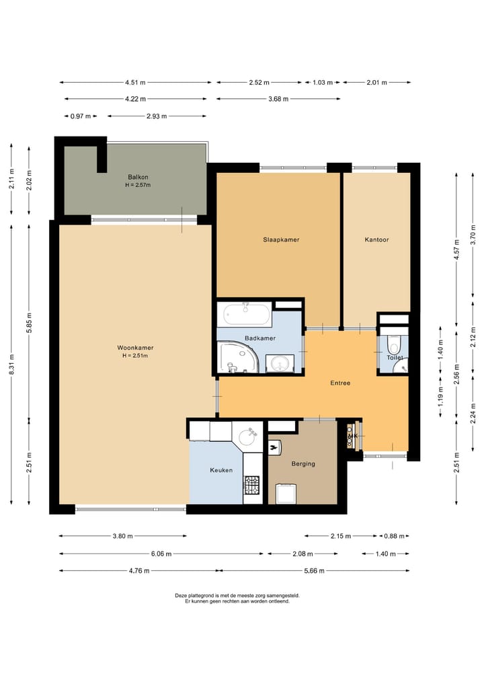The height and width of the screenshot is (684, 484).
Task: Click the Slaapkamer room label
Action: tap(281, 239)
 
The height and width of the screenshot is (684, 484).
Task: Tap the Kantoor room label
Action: tap(376, 239)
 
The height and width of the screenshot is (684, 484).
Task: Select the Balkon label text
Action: tap(138, 177)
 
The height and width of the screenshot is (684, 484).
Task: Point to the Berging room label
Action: tap(303, 463)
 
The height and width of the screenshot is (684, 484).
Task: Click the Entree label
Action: tap(340, 383)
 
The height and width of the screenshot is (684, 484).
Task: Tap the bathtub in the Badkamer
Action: tap(246, 314)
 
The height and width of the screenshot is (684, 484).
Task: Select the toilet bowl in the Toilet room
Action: tap(394, 344)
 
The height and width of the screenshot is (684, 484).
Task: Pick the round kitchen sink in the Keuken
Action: tap(250, 436)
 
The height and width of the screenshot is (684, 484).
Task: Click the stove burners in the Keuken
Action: tap(251, 485)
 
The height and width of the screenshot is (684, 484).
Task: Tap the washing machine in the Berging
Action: tap(286, 494)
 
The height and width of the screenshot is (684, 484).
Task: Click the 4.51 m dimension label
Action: tap(135, 83)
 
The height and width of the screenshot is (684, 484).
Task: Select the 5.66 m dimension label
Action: tap(314, 570)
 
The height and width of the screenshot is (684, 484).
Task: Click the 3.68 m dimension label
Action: tap(278, 99)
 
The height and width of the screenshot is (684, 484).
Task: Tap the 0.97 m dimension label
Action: tap(81, 116)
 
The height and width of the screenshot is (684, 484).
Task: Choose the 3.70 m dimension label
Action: tap(473, 234)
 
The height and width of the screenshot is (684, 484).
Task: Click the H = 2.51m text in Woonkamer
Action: tap(135, 356)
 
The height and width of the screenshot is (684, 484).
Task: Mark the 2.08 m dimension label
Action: tap(302, 554)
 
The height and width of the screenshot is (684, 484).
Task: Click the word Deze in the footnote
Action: tap(181, 595)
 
